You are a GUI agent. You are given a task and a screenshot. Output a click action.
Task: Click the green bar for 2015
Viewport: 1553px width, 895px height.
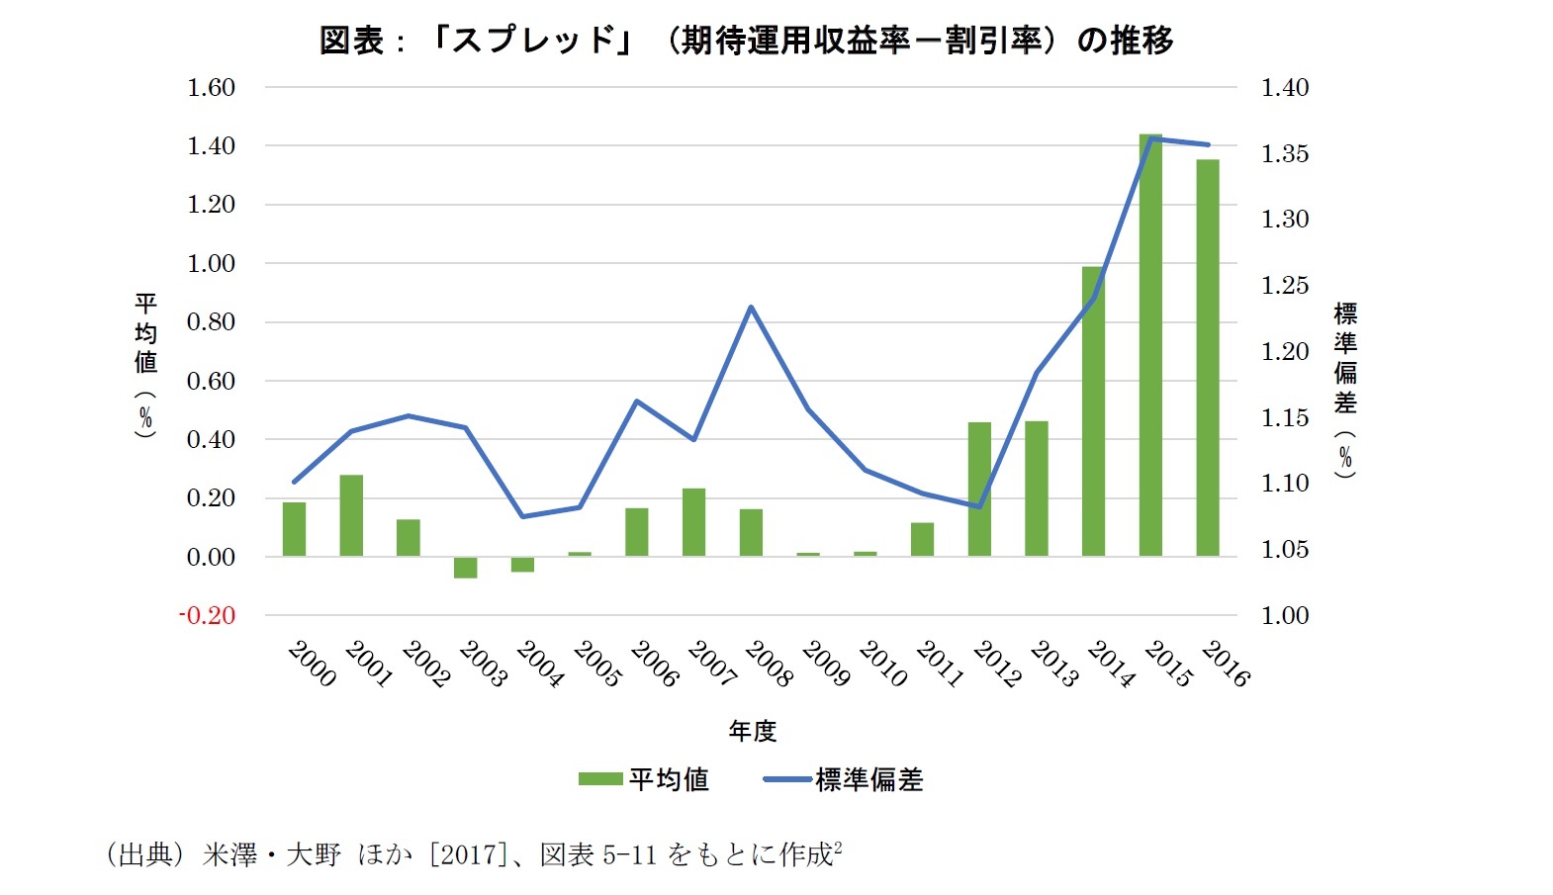tap(1150, 346)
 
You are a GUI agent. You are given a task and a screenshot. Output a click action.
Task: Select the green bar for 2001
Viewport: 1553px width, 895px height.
tap(351, 515)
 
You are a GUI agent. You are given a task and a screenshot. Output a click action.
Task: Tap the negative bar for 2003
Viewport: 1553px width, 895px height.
tap(466, 567)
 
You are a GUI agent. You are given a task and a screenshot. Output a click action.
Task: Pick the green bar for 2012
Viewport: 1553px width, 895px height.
tap(979, 489)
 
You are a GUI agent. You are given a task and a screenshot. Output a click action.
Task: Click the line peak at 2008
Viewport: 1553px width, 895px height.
tap(751, 307)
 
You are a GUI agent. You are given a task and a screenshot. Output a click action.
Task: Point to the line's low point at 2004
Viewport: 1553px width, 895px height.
tap(522, 516)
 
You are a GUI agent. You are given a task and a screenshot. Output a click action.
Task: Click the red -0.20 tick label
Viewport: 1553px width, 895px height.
tap(207, 615)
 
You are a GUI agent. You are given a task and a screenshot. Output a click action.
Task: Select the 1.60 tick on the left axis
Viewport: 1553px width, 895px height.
tap(211, 87)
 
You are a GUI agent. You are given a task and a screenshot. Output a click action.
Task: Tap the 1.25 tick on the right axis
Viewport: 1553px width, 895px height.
tap(1284, 285)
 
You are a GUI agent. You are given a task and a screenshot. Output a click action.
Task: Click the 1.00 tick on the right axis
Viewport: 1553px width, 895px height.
tap(1284, 615)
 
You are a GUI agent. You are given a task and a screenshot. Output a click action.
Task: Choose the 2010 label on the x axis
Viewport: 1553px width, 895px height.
tap(882, 664)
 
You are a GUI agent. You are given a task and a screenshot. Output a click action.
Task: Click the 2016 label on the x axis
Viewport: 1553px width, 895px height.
tap(1226, 664)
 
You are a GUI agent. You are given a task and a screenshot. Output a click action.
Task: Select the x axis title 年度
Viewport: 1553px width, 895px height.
tap(753, 731)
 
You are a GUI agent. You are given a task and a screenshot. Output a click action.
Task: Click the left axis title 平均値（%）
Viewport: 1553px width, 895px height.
tap(145, 364)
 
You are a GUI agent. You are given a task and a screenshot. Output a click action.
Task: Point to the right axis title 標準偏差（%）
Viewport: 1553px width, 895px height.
tap(1344, 390)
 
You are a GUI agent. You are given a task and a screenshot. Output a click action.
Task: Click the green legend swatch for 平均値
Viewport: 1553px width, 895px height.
tap(599, 779)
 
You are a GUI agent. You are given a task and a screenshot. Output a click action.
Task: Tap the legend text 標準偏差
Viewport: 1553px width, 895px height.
tap(868, 779)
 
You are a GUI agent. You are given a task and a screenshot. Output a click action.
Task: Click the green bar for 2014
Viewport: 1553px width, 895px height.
tap(1093, 410)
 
